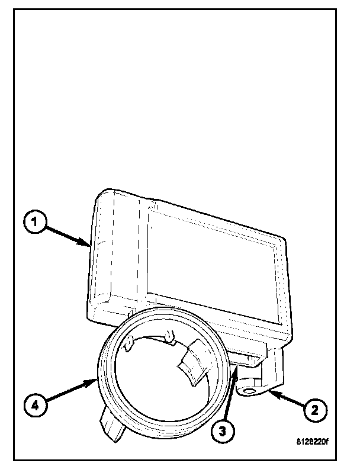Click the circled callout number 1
click(x=34, y=223)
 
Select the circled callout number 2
click(x=314, y=407)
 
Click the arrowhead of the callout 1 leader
click(x=88, y=244)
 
